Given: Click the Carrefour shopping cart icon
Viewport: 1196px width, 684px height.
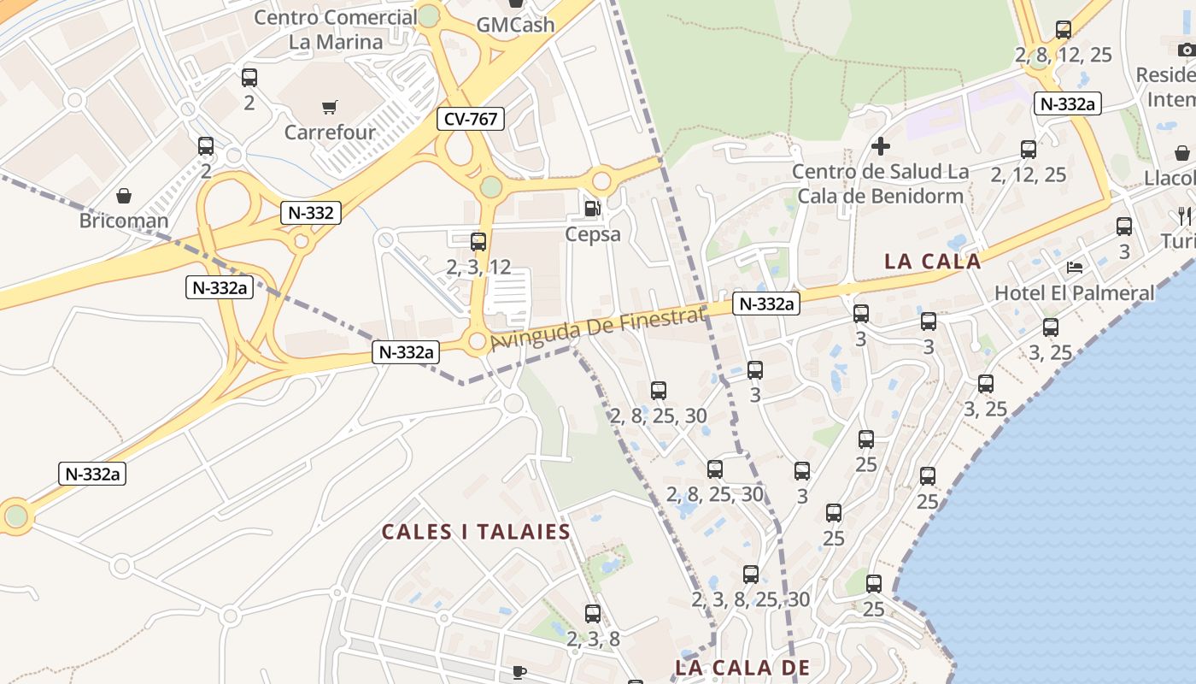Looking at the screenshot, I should click(x=329, y=107).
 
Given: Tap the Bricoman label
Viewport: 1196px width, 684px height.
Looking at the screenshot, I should click(x=124, y=221).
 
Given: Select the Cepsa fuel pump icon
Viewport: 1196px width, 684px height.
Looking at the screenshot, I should click(x=592, y=208).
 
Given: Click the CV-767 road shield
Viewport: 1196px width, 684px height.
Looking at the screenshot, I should click(x=471, y=119).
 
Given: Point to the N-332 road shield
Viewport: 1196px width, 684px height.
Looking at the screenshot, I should click(x=311, y=213).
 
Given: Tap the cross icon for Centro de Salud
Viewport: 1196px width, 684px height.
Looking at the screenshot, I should click(x=880, y=146).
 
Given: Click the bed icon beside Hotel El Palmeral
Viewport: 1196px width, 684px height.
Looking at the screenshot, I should click(x=1075, y=268).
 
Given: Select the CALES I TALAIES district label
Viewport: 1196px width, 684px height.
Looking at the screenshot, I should click(x=476, y=532).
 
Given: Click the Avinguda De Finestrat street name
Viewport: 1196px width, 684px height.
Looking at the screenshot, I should click(x=598, y=329).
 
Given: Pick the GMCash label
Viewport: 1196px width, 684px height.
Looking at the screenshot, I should click(x=515, y=25).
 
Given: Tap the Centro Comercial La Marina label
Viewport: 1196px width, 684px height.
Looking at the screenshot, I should click(x=336, y=29).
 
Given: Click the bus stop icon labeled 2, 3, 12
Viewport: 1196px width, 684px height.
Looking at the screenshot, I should click(x=478, y=242).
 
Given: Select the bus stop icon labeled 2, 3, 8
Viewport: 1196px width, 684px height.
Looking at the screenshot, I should click(x=593, y=614).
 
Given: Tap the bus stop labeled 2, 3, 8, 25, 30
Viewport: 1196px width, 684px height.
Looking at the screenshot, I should click(x=751, y=575).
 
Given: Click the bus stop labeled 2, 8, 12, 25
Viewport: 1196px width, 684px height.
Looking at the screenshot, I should click(x=1064, y=30).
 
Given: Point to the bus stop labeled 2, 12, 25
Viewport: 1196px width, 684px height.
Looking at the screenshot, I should click(x=1029, y=150).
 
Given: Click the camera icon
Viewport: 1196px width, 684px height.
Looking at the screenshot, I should click(x=1186, y=50).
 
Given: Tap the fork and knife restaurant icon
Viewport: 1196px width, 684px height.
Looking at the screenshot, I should click(x=1183, y=214).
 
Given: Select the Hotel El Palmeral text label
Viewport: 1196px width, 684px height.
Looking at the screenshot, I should click(x=1074, y=292).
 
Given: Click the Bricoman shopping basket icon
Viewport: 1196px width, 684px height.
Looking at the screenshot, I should click(x=124, y=197).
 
